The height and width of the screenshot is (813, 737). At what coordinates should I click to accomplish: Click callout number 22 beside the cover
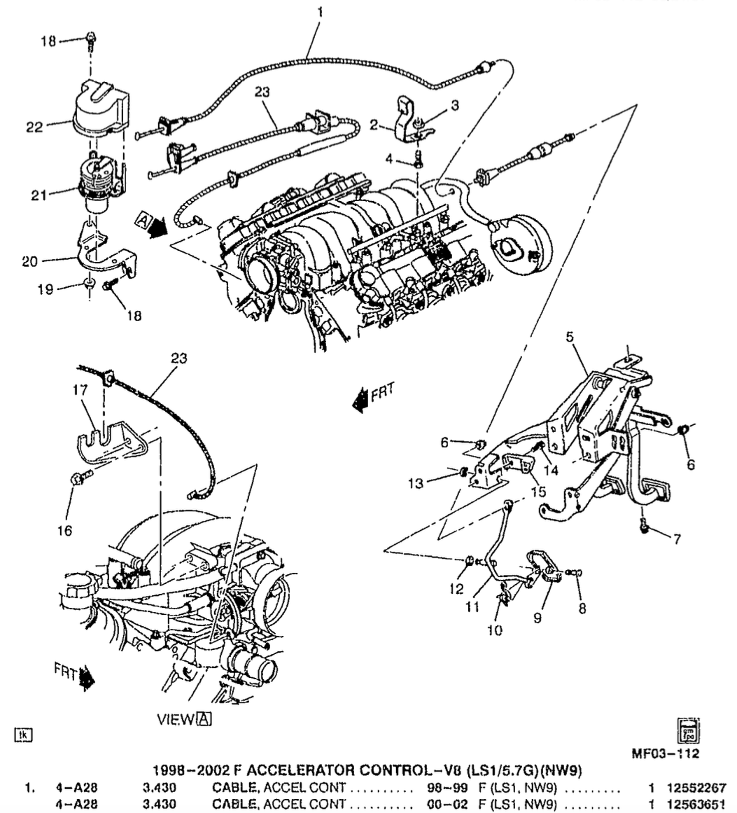[x=34, y=127]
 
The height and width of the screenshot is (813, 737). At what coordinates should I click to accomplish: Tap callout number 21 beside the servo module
[x=39, y=195]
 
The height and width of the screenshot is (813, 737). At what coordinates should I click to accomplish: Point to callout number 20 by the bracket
[x=30, y=261]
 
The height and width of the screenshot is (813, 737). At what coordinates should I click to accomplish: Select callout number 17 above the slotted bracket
[x=80, y=389]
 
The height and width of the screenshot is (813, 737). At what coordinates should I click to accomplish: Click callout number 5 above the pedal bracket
[x=570, y=337]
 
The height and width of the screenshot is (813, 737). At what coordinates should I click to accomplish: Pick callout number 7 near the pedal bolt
[x=677, y=539]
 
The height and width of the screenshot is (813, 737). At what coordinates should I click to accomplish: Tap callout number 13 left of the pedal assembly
[x=416, y=483]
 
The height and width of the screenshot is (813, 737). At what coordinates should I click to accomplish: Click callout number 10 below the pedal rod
[x=494, y=630]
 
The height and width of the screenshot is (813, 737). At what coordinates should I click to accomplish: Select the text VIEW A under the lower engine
[x=184, y=719]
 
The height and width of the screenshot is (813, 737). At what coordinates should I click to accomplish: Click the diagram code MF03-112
[x=665, y=753]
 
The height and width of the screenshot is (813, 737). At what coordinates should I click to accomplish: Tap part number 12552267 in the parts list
[x=696, y=788]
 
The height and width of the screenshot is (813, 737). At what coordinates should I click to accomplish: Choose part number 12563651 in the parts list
[x=696, y=804]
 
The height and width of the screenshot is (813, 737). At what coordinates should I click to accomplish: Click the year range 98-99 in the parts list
[x=440, y=788]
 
